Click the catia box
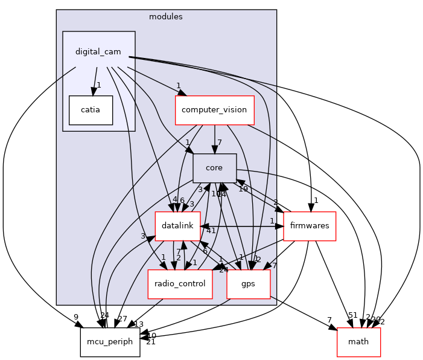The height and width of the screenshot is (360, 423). (x=91, y=110)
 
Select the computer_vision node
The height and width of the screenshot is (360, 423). (x=214, y=110)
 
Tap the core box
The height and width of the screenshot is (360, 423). (x=214, y=168)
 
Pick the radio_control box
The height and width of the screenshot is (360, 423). (x=180, y=284)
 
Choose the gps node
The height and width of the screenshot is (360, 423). (x=248, y=284)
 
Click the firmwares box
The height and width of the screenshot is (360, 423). (x=310, y=225)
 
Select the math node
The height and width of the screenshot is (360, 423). (x=358, y=341)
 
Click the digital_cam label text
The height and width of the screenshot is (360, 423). (x=98, y=51)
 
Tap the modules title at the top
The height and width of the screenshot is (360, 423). (x=166, y=16)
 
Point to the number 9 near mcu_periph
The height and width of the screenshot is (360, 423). (x=76, y=317)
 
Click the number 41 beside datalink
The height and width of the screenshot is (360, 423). (x=211, y=231)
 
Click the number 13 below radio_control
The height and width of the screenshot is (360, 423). (x=139, y=324)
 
